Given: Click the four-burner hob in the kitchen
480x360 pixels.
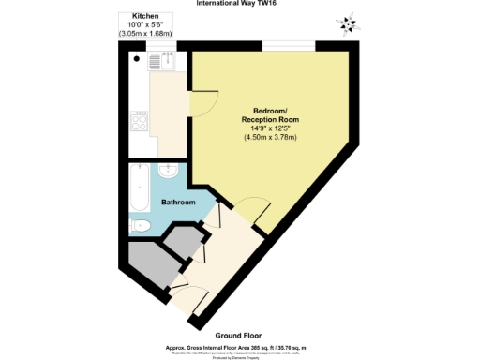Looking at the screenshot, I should click(x=140, y=123).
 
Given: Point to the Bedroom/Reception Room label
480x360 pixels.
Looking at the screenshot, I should click(x=269, y=116).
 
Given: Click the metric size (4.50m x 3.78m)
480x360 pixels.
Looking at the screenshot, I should click(x=270, y=138).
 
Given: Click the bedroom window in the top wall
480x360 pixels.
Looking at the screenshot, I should click(x=288, y=46).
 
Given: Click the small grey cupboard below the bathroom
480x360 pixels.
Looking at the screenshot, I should click(x=184, y=242).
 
